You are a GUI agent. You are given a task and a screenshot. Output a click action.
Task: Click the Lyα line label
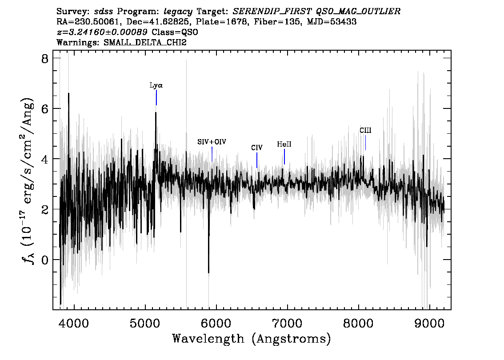[x=156, y=85]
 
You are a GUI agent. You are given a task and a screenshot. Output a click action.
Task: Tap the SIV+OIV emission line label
[x=212, y=142]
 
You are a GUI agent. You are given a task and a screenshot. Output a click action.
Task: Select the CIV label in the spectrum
[x=256, y=148]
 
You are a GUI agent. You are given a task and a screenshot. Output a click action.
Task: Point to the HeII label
[x=284, y=144]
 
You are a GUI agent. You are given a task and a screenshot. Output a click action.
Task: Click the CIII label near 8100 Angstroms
[x=365, y=131]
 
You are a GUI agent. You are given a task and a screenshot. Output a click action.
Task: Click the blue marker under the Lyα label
[x=156, y=97]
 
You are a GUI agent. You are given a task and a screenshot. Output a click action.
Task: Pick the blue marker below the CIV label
[x=257, y=160]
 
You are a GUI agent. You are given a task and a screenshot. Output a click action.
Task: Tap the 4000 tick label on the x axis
[x=74, y=322]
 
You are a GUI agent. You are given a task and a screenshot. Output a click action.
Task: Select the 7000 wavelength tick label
[x=288, y=322]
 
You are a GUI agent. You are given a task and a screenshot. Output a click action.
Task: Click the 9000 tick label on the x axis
[x=430, y=322]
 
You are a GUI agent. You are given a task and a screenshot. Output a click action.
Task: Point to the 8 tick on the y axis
[x=44, y=59]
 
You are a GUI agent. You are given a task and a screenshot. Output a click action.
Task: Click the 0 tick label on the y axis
[x=44, y=260]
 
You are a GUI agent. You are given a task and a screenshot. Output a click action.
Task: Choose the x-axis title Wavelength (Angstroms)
[x=252, y=339]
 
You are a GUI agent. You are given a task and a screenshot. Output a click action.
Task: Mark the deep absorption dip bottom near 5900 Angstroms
[x=208, y=272]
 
